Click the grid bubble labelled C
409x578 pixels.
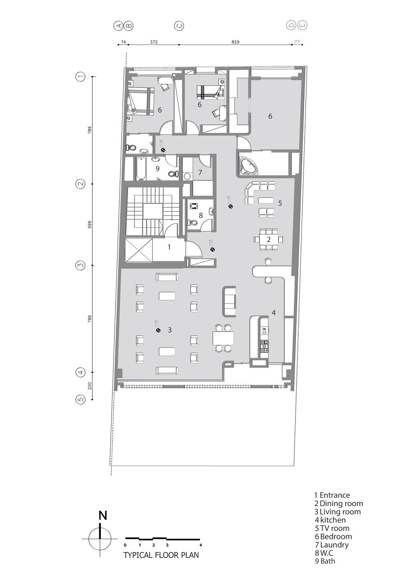179,26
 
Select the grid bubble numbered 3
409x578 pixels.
81,265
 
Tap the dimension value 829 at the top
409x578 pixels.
235,41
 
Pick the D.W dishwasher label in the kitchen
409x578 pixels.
265,331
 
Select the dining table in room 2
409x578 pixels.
269,239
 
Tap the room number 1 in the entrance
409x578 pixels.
169,247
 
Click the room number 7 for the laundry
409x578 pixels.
200,173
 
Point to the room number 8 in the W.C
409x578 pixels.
201,215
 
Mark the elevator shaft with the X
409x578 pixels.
139,250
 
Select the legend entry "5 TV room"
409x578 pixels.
332,528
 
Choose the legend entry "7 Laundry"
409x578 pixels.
332,545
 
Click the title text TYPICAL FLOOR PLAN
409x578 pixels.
161,556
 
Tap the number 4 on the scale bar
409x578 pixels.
200,545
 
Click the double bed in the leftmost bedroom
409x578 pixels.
140,102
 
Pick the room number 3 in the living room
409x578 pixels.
170,330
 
